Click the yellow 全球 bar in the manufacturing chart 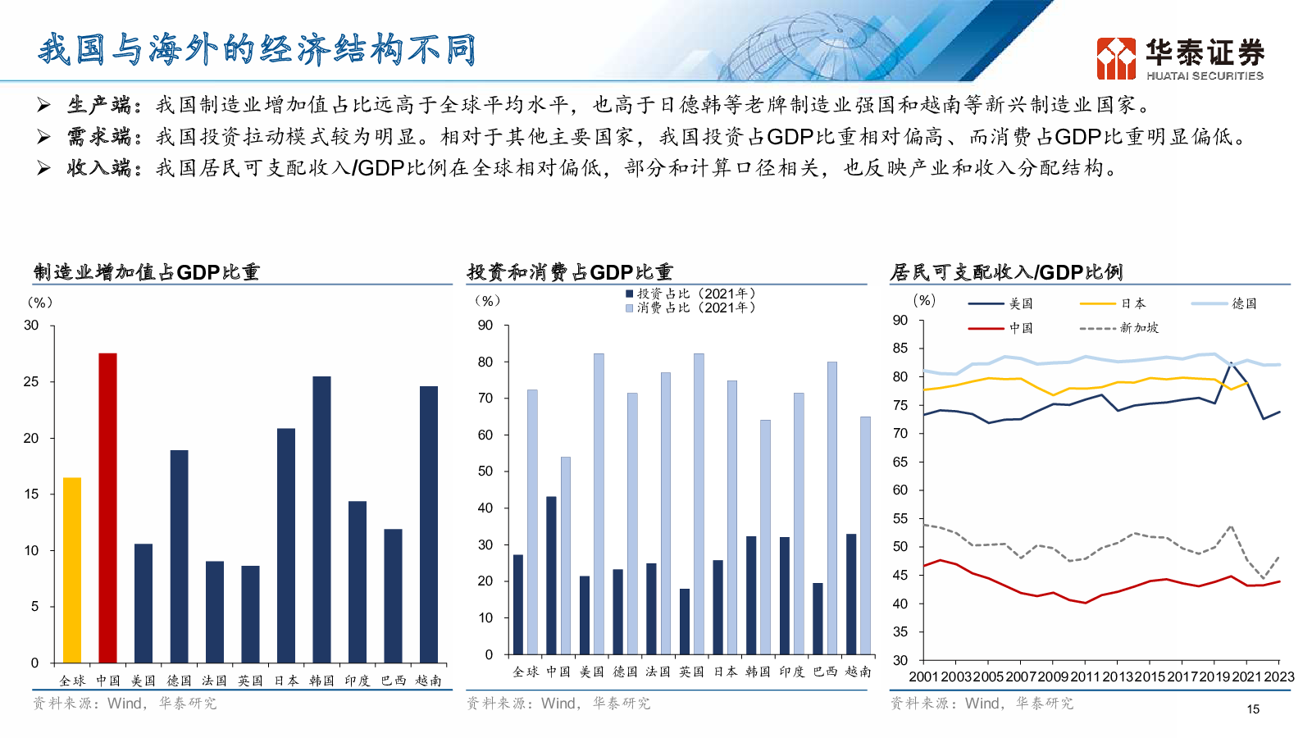coord(72,570)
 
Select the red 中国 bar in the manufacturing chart coord(107,508)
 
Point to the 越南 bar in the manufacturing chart coord(429,524)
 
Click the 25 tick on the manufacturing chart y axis coord(31,382)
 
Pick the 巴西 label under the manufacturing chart coord(393,681)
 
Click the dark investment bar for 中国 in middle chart coord(551,575)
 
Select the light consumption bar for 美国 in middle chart coord(599,503)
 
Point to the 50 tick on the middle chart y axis coord(485,471)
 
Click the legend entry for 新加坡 coord(1120,328)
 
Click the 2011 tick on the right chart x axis coord(1085,676)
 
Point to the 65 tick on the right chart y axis coord(900,462)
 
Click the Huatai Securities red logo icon coord(1116,58)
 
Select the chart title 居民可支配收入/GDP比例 coord(1006,272)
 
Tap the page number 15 coord(1253,709)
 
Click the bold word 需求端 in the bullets coord(99,137)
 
